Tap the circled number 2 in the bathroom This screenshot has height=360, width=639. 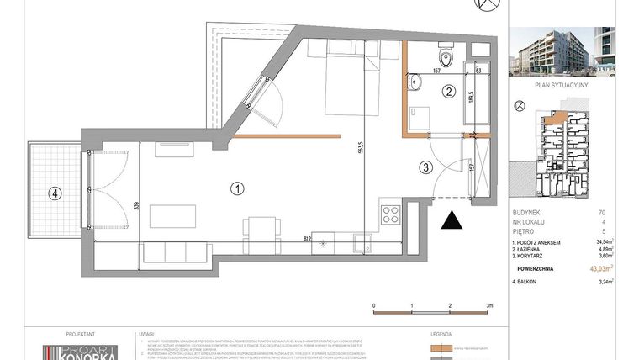450,93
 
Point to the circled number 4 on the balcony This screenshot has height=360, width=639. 55,193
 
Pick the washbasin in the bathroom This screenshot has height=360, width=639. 415,82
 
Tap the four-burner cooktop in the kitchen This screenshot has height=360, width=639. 391,214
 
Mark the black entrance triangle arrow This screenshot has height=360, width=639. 452,220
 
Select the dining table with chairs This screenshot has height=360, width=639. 257,225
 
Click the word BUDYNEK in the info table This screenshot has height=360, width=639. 527,213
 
